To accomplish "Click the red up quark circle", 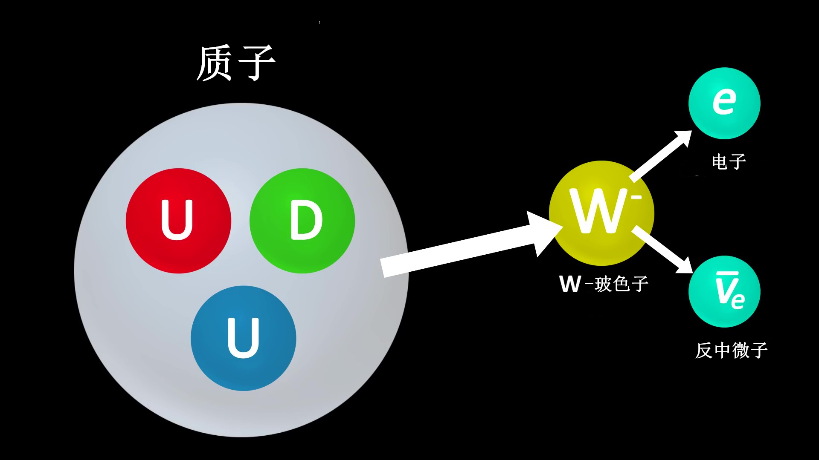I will (178, 221).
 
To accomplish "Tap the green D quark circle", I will (302, 221).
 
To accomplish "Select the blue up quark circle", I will (243, 338).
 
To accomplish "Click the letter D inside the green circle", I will (306, 220).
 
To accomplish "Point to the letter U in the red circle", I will (177, 220).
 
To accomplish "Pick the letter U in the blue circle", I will (243, 338).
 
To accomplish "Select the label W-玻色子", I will (604, 284).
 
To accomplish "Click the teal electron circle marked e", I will (724, 103).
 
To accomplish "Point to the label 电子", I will (729, 162).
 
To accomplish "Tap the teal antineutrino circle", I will (724, 291).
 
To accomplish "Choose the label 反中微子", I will (731, 351).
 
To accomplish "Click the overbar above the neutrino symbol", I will (727, 273).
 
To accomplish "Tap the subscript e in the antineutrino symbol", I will (738, 300).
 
